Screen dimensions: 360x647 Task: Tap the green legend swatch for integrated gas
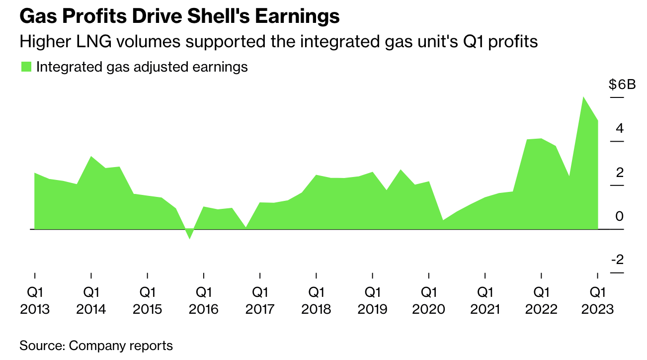point(26,67)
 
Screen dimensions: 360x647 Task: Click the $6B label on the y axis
point(622,85)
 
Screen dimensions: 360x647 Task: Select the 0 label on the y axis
point(619,216)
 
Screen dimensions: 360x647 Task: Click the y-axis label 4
point(619,129)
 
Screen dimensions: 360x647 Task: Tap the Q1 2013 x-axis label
point(35,300)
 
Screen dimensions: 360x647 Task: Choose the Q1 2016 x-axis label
point(204,300)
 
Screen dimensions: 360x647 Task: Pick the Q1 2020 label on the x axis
point(429,300)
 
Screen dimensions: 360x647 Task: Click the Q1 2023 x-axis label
point(597,300)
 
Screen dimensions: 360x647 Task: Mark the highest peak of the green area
point(583,97)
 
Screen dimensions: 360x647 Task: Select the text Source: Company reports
point(96,346)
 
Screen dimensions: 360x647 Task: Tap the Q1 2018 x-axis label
point(316,300)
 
